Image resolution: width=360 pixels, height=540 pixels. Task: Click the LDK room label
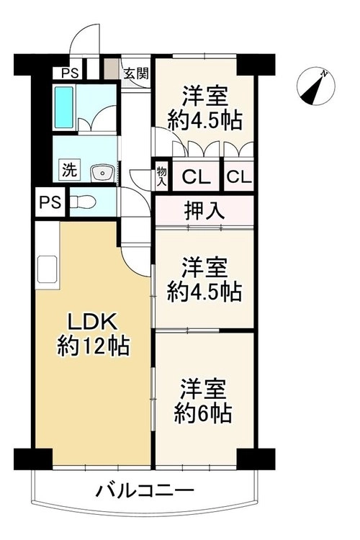(x=94, y=323)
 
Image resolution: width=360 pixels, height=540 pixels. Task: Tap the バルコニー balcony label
(x=144, y=490)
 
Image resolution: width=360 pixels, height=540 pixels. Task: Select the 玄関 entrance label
(x=136, y=73)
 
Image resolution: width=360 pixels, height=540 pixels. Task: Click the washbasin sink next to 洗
(x=102, y=172)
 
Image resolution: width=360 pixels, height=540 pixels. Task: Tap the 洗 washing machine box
(x=69, y=169)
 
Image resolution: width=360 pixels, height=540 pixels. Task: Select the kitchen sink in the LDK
(x=47, y=269)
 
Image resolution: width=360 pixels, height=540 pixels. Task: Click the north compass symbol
(x=315, y=86)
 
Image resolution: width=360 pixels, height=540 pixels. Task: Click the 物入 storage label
(x=161, y=176)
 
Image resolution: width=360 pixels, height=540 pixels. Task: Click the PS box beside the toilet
(x=50, y=202)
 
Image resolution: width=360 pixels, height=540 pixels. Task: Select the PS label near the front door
(x=70, y=73)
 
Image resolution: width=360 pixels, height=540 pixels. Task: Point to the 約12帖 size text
(x=94, y=346)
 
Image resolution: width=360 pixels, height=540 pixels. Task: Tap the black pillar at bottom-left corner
(x=33, y=459)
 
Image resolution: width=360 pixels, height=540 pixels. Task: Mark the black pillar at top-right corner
(x=256, y=64)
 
